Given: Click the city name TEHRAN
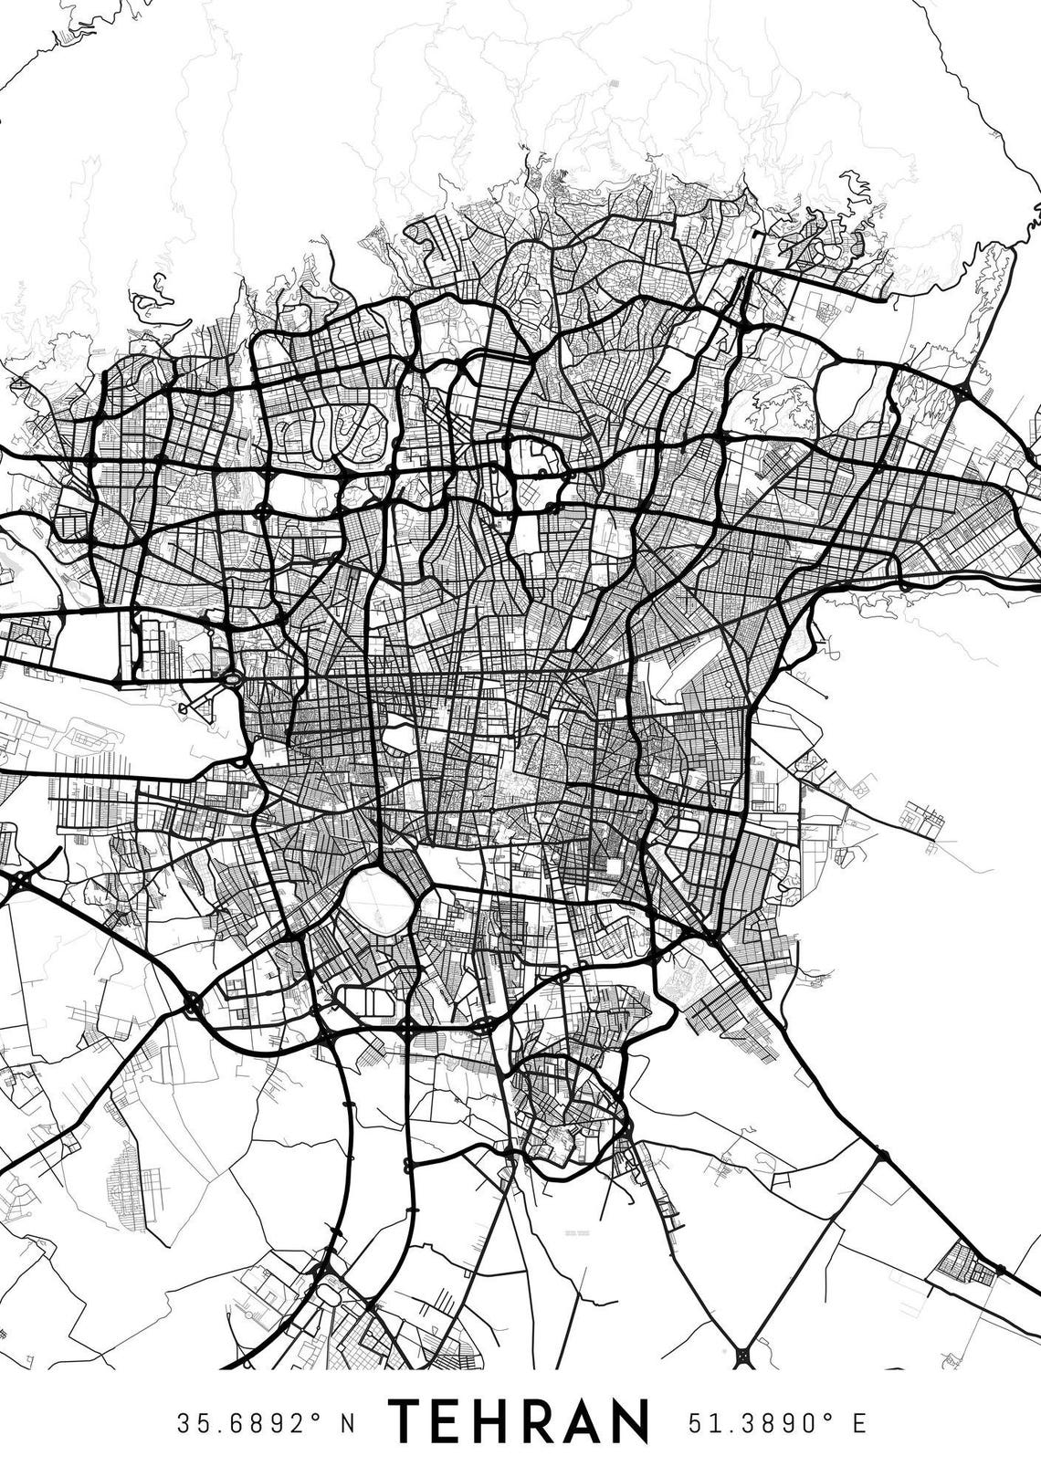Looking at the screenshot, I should (x=520, y=1422).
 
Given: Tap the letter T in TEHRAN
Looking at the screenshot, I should (x=407, y=1422).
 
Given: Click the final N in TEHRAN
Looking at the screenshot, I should (x=631, y=1422).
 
